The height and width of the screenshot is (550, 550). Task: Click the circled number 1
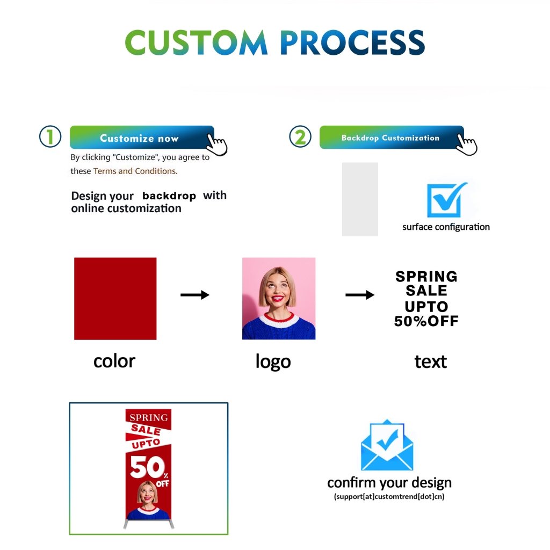(50, 136)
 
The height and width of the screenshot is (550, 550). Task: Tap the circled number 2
(300, 136)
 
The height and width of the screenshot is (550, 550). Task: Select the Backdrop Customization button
(390, 137)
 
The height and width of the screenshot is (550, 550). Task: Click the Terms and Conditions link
(134, 171)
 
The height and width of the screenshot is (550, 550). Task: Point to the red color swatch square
(115, 298)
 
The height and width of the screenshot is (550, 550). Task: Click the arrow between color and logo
(194, 294)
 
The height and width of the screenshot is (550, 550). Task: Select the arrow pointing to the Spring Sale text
(359, 294)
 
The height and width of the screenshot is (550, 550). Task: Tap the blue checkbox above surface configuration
(446, 200)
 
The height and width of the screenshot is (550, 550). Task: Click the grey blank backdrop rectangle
(360, 199)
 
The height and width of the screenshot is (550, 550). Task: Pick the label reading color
(114, 361)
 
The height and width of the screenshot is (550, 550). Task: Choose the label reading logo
(273, 362)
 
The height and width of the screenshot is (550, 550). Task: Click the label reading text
(430, 361)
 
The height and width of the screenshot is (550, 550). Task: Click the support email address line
(389, 497)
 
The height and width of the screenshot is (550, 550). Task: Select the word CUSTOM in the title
(196, 42)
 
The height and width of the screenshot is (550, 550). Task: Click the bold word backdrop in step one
(169, 196)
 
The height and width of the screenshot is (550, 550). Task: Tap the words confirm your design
(389, 482)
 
